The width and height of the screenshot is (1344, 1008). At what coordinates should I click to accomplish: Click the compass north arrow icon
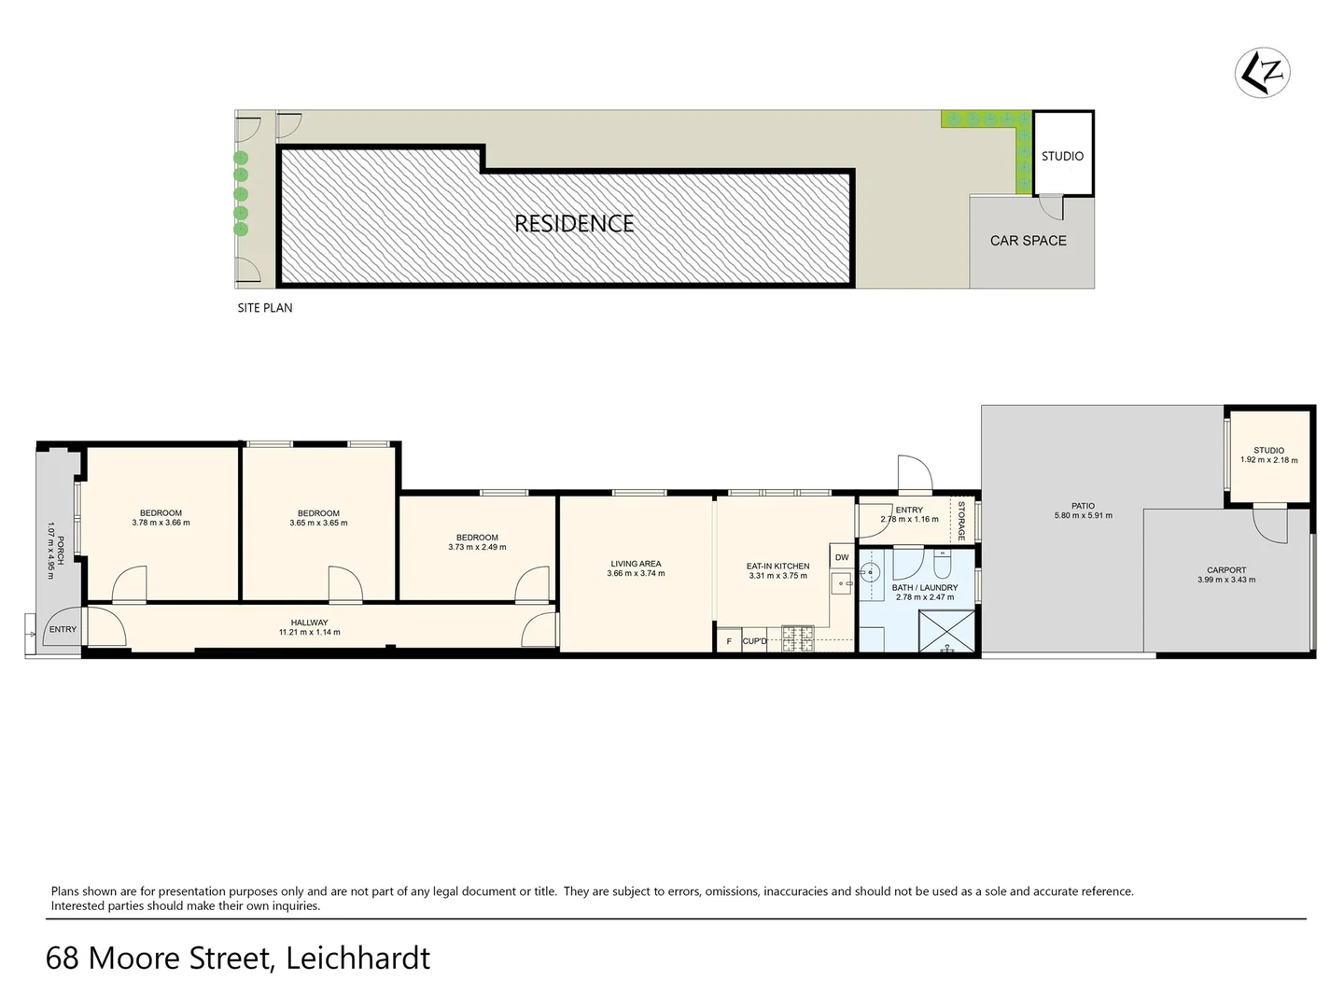click(1263, 72)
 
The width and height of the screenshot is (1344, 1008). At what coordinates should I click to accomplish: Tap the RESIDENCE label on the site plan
click(574, 224)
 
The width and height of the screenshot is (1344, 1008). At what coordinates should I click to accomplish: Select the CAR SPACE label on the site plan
click(1028, 241)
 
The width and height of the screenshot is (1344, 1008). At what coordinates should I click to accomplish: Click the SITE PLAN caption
click(264, 308)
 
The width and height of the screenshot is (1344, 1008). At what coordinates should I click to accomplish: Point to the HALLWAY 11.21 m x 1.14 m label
click(309, 627)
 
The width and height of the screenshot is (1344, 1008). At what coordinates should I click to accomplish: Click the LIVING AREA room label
click(636, 568)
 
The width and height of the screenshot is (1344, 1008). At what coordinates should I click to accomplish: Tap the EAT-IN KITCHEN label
click(777, 571)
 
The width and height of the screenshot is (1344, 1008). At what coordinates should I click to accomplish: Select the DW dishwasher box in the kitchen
click(842, 558)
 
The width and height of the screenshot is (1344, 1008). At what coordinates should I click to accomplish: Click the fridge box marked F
click(729, 641)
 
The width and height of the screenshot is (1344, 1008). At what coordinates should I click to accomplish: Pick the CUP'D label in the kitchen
click(754, 641)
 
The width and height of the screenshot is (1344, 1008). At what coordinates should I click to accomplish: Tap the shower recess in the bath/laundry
click(945, 632)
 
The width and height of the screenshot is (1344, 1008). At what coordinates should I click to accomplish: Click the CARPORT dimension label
click(1225, 575)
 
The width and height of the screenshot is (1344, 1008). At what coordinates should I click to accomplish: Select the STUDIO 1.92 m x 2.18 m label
click(1268, 455)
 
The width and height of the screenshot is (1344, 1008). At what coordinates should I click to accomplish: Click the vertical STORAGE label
click(961, 521)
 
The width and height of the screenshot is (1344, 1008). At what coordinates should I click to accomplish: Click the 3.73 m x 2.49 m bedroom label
click(477, 542)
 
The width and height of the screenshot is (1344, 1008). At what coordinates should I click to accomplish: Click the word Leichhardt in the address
click(358, 959)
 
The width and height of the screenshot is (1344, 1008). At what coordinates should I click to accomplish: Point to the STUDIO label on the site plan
click(1062, 156)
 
